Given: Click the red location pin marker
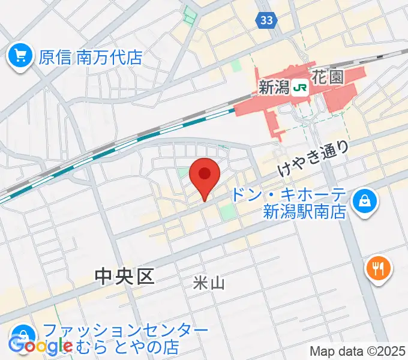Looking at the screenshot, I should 204,176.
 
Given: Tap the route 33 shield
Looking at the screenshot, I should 268,20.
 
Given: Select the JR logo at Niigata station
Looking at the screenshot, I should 300,88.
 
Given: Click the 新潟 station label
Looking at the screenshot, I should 274,88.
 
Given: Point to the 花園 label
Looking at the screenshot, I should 327,77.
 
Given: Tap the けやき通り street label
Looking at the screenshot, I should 313,157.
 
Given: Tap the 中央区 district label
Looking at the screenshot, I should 125,276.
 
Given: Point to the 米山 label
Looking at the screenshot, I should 209,283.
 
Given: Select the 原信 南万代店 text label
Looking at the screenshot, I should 90,58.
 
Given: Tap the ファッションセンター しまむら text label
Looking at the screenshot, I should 126,339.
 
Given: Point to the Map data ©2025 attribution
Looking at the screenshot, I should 358,351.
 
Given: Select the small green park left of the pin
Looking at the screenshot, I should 182,173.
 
